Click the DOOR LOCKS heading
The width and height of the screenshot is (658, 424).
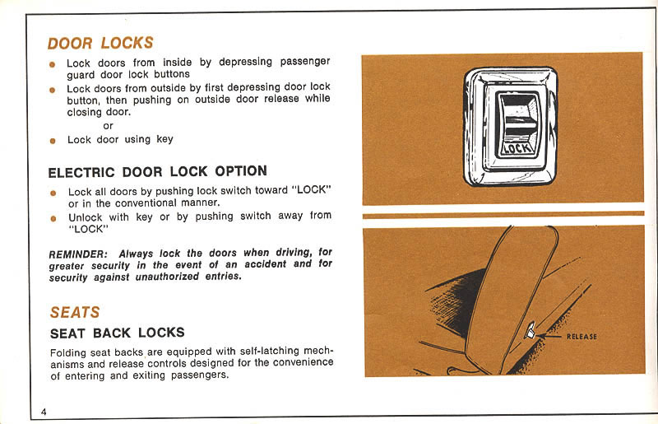[x=100, y=43]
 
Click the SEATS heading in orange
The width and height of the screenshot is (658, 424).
[x=75, y=313]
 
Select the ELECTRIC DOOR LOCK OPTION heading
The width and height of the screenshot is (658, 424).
[x=157, y=172]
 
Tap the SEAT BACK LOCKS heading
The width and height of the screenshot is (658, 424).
[x=117, y=333]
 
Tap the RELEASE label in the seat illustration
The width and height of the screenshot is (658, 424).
[x=581, y=337]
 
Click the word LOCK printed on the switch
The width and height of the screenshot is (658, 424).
[x=516, y=149]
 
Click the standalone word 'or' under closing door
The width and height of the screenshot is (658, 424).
[x=108, y=125]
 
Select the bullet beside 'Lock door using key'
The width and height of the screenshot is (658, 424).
[x=52, y=141]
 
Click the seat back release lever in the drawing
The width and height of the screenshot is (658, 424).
[x=533, y=332]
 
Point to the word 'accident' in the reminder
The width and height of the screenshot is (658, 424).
[x=262, y=265]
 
